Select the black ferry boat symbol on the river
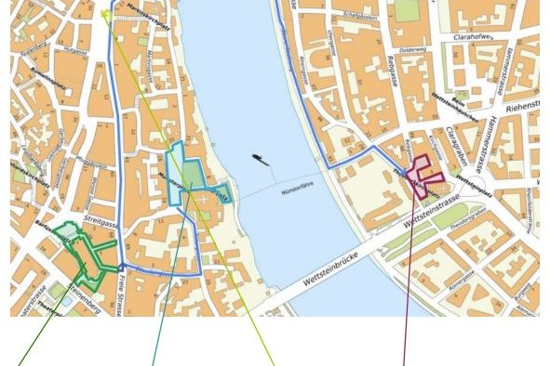(x=261, y=161)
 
